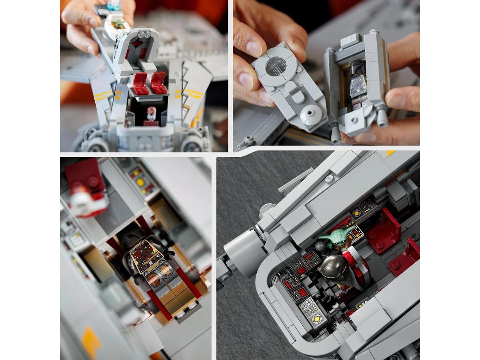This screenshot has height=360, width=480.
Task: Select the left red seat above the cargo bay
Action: point(140,83)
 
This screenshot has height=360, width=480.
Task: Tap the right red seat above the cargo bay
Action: point(159,82)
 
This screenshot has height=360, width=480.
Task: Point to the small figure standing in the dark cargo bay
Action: point(151,114)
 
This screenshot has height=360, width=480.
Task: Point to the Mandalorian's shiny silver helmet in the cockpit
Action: point(333,266)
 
